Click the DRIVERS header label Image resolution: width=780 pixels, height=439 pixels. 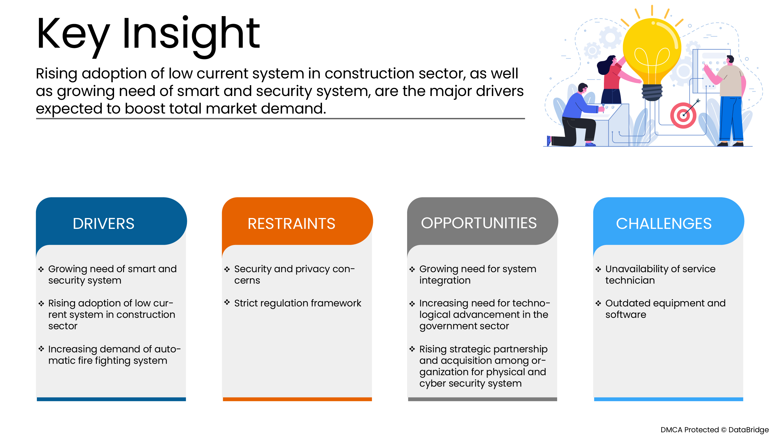pos(103,224)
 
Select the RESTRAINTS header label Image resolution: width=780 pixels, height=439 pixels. pos(291,224)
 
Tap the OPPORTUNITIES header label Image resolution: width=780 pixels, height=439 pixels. pos(479,223)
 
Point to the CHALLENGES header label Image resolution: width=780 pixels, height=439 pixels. pos(663,224)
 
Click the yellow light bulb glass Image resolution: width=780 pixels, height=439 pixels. pos(652,49)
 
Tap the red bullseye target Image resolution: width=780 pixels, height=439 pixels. pos(683,115)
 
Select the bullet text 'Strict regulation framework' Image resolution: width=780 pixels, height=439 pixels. pos(297,303)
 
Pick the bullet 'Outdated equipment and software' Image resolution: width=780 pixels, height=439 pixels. pos(665,308)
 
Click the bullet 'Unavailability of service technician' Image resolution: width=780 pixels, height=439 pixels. pos(660,274)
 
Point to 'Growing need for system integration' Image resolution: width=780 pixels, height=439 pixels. pos(478,274)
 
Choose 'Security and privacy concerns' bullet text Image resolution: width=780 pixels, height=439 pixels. pos(294,274)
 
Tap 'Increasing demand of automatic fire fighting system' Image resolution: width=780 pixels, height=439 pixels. pos(114,354)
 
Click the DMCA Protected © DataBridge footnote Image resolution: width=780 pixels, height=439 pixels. pos(714,430)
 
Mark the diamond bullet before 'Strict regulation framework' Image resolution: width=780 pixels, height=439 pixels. pos(227,302)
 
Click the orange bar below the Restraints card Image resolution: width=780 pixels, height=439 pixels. pos(297,399)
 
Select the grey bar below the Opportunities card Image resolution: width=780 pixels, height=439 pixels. pos(482,399)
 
